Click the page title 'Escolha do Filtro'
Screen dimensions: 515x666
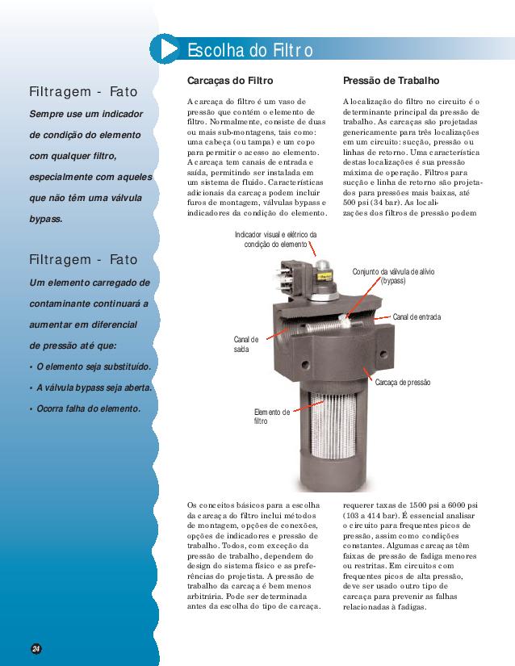point(250,50)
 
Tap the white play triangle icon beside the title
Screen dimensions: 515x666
point(169,49)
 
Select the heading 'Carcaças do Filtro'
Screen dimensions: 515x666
point(230,81)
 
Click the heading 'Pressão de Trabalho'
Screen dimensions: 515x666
point(391,80)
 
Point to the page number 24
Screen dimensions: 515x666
point(36,648)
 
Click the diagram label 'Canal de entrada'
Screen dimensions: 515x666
point(417,317)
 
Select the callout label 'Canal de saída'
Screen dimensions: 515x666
point(246,345)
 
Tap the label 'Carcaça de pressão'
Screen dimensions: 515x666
point(403,383)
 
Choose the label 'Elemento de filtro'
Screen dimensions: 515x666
point(272,417)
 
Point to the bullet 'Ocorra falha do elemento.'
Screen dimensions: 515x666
point(88,408)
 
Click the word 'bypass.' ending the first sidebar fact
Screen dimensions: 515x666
point(46,219)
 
